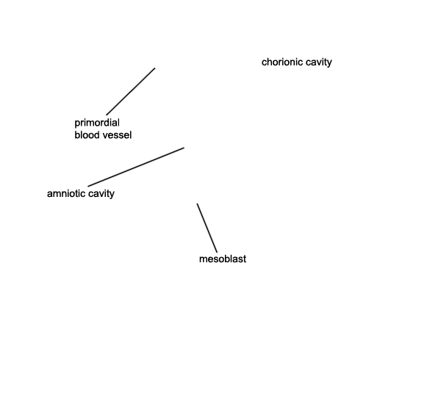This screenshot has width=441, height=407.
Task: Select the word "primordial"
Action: click(97, 123)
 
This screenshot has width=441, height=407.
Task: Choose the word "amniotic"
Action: click(66, 193)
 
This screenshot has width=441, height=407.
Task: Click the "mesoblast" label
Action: click(223, 259)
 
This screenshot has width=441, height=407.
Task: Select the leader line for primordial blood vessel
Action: click(131, 91)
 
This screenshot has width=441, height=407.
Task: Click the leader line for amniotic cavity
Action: click(136, 167)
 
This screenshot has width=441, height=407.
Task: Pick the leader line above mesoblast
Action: click(207, 228)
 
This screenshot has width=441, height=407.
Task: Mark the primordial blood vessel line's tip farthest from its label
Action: click(155, 68)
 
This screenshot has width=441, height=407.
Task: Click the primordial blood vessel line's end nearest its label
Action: click(107, 115)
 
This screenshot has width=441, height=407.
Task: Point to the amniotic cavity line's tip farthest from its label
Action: click(184, 147)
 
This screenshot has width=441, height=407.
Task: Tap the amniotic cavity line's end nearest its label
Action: click(88, 187)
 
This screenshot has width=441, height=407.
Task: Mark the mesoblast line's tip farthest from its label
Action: click(197, 203)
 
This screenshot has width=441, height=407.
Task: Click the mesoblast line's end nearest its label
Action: click(217, 253)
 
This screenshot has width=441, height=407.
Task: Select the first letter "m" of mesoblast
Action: click(203, 260)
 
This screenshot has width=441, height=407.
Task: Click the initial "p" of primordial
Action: click(77, 124)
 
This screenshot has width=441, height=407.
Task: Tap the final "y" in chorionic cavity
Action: click(329, 63)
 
